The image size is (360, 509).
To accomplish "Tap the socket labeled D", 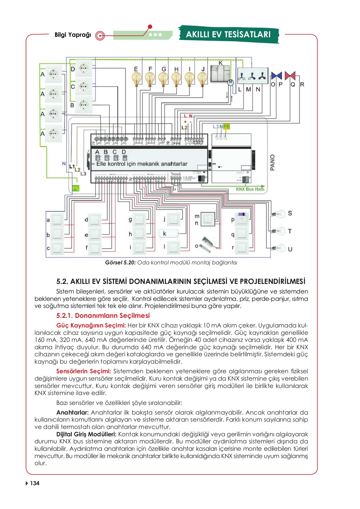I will [83, 68].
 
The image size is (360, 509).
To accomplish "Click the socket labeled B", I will [83, 105].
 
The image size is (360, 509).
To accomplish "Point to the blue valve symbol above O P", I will [276, 76].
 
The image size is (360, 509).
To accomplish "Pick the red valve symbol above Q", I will [290, 76].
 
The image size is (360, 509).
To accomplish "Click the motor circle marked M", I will [231, 82].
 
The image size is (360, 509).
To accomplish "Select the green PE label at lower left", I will [76, 188].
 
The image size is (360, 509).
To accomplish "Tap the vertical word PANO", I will [272, 163].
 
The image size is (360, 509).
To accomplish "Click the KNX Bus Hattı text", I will [250, 189].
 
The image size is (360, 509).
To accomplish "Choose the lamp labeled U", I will [279, 248].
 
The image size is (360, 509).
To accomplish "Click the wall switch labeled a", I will [57, 219].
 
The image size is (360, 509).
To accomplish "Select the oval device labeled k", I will [169, 234].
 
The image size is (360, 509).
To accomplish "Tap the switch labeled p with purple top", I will [242, 219].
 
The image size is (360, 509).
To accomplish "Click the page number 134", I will [35, 483].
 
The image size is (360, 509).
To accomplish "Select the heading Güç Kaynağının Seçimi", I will [91, 325].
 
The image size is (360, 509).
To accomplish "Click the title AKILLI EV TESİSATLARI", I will [228, 34].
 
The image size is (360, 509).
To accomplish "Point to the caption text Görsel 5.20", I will [120, 263].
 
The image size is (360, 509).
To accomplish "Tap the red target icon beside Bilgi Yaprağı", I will [100, 36].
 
